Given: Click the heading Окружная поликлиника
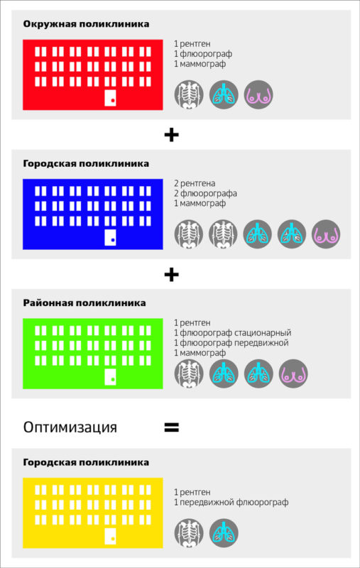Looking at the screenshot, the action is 86,24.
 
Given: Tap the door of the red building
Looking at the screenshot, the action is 111,98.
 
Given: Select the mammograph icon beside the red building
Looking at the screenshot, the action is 258,95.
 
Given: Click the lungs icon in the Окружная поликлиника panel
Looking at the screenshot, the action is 224,95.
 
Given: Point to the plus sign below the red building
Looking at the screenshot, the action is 172,135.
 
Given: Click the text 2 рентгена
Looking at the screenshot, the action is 195,183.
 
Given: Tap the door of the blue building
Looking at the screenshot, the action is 111,237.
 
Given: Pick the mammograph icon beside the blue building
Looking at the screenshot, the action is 326,234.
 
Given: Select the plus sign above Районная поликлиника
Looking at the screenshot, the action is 172,275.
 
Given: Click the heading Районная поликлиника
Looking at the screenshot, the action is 84,303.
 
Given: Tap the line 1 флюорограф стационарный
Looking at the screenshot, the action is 232,332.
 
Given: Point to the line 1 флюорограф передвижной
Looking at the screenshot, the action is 231,343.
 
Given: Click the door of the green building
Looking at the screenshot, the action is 111,377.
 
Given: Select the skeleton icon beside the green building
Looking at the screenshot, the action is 189,373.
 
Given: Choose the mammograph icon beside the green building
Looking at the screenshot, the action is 293,373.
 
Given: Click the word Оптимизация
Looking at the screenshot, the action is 70,427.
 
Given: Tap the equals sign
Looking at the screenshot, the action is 172,427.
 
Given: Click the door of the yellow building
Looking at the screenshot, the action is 111,536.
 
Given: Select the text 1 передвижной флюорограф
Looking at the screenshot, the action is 231,503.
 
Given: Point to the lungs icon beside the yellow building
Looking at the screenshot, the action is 224,533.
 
